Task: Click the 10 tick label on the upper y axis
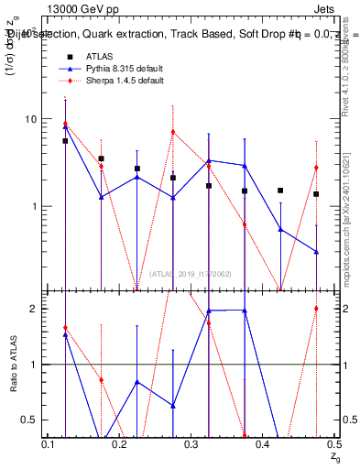pos(30,120)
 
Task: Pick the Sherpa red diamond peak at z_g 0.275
pos(173,132)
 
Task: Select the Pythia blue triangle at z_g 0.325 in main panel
pos(209,160)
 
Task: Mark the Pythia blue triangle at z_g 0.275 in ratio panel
pos(173,406)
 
